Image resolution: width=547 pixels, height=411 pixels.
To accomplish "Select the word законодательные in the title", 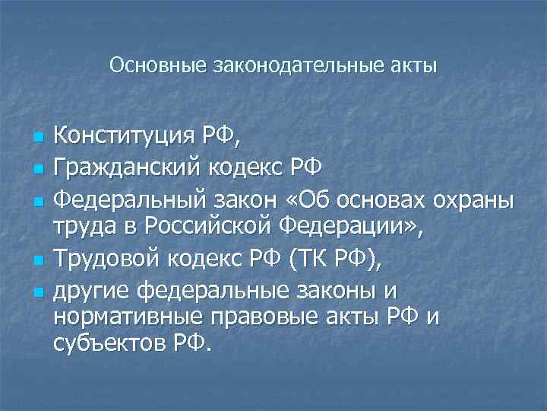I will (x=291, y=65).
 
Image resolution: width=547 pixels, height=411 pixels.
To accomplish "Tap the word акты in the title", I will (x=415, y=65).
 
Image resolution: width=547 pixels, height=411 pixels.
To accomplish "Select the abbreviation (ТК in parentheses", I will (x=305, y=260).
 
